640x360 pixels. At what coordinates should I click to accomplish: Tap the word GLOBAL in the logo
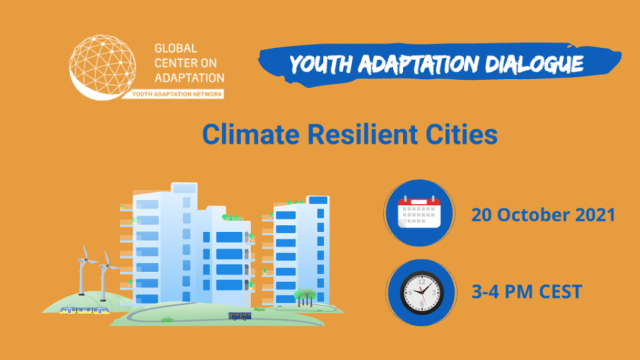click(x=175, y=48)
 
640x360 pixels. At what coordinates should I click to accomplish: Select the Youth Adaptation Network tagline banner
click(x=175, y=94)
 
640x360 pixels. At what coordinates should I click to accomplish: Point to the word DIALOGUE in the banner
click(x=534, y=63)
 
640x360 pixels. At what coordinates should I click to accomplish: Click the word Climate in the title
click(x=251, y=134)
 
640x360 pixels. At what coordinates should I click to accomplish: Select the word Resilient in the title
click(x=362, y=134)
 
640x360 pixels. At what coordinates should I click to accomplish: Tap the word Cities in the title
click(x=461, y=134)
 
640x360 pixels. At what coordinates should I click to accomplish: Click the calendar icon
click(x=419, y=212)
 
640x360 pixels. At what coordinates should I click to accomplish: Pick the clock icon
click(x=421, y=293)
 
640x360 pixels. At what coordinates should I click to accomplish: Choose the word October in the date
click(x=533, y=215)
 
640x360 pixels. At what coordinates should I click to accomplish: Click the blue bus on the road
click(x=239, y=316)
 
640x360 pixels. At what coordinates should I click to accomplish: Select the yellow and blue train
click(x=84, y=310)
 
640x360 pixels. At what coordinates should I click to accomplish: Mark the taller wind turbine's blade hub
click(x=85, y=260)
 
